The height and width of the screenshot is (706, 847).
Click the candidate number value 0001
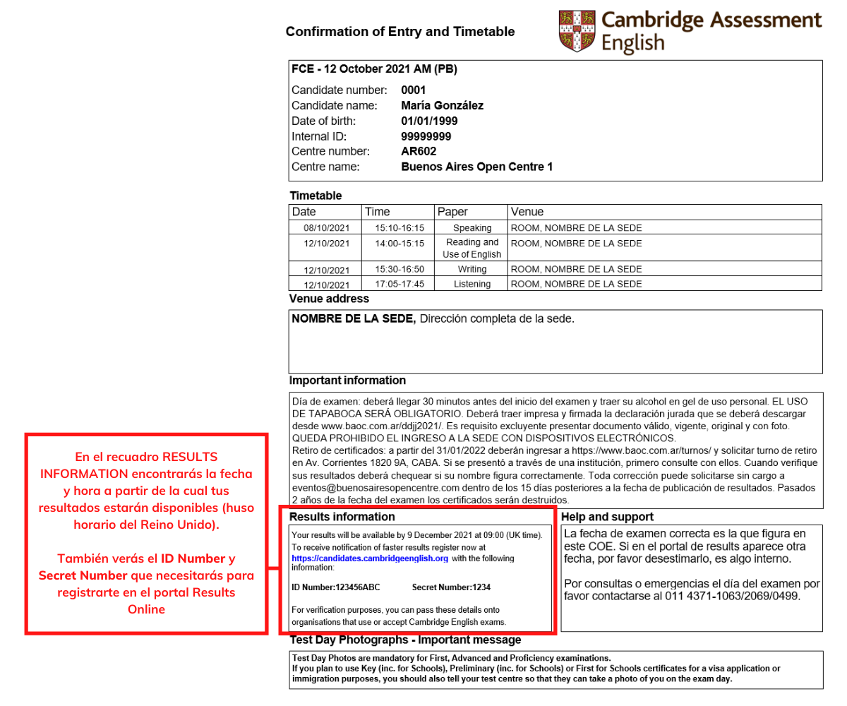pos(414,90)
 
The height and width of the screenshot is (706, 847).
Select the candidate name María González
pos(442,106)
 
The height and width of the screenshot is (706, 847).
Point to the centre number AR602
pos(419,152)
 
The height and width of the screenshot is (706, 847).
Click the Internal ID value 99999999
pos(426,136)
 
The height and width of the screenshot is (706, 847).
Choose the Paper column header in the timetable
pos(452,212)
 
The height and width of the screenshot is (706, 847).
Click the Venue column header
pos(527,212)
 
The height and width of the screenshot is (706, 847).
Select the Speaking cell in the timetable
pos(471,228)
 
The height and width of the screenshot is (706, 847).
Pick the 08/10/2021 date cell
pos(327,228)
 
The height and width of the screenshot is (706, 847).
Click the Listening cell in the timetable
pos(471,284)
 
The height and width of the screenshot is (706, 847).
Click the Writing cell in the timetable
pos(471,269)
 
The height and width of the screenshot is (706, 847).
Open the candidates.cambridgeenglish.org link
pos(370,558)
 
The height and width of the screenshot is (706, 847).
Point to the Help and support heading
pos(607,517)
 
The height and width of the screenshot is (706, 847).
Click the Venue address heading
pos(329,299)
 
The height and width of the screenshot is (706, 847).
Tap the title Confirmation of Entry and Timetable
pos(400,32)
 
